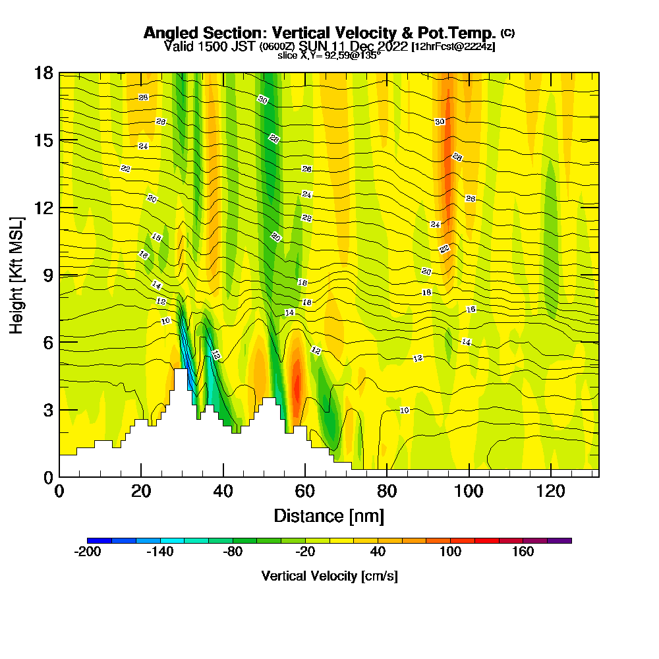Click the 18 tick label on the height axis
[43, 72]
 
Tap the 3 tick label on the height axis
[47, 410]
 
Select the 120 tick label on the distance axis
[551, 491]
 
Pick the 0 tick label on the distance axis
[59, 491]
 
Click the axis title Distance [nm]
[329, 515]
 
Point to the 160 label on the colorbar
[523, 552]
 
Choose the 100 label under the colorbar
[451, 552]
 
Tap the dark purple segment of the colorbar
[559, 540]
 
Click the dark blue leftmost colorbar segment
[100, 540]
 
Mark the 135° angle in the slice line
[370, 55]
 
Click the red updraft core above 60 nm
[297, 386]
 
